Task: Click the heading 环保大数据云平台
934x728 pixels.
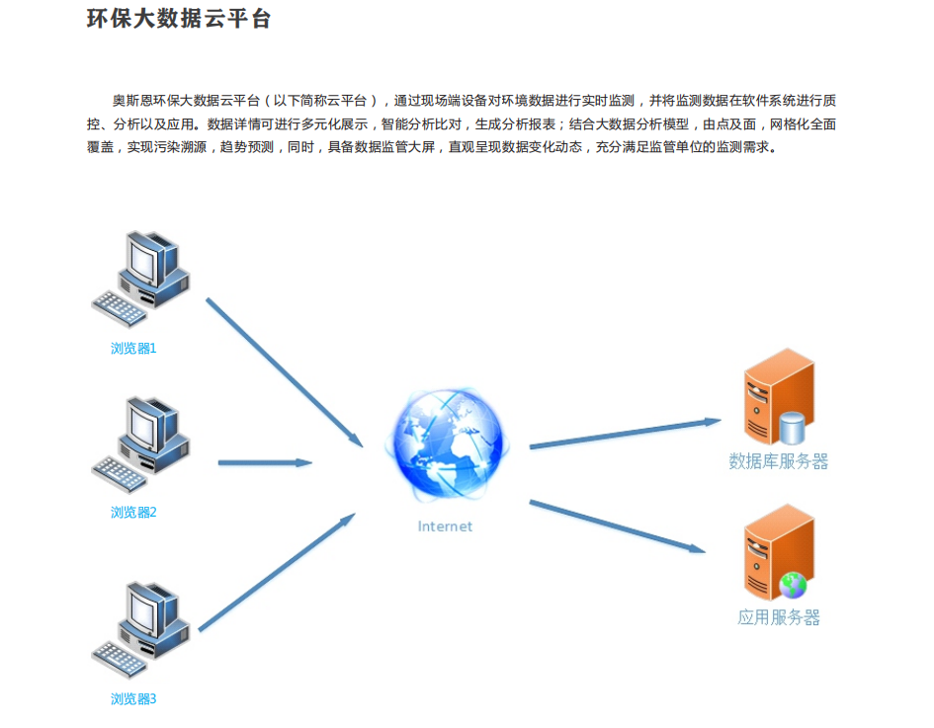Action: click(x=179, y=19)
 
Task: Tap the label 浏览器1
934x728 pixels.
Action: click(x=133, y=349)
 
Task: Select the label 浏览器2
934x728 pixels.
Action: click(x=133, y=512)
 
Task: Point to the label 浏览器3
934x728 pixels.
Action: click(x=133, y=698)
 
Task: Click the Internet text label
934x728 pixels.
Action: click(x=445, y=526)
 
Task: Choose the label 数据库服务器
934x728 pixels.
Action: click(x=779, y=461)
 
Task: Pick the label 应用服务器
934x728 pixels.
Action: click(x=779, y=617)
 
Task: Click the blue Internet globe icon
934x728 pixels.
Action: click(x=448, y=444)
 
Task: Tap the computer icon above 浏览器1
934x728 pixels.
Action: click(x=141, y=279)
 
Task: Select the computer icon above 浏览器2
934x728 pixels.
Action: click(x=141, y=445)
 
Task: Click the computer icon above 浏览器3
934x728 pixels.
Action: click(x=141, y=630)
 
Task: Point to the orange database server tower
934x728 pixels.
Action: click(x=779, y=396)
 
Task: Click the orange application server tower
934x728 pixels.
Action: click(x=779, y=552)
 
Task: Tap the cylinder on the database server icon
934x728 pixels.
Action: click(x=793, y=428)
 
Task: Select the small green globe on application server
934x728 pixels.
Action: click(x=793, y=585)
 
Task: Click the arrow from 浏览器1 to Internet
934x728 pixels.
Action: click(x=285, y=372)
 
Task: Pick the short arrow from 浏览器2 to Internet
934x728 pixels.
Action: click(x=265, y=462)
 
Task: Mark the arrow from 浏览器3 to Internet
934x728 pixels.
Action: click(x=277, y=572)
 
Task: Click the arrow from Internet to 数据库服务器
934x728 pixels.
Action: click(x=626, y=433)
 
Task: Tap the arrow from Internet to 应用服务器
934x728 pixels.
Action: click(x=618, y=526)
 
